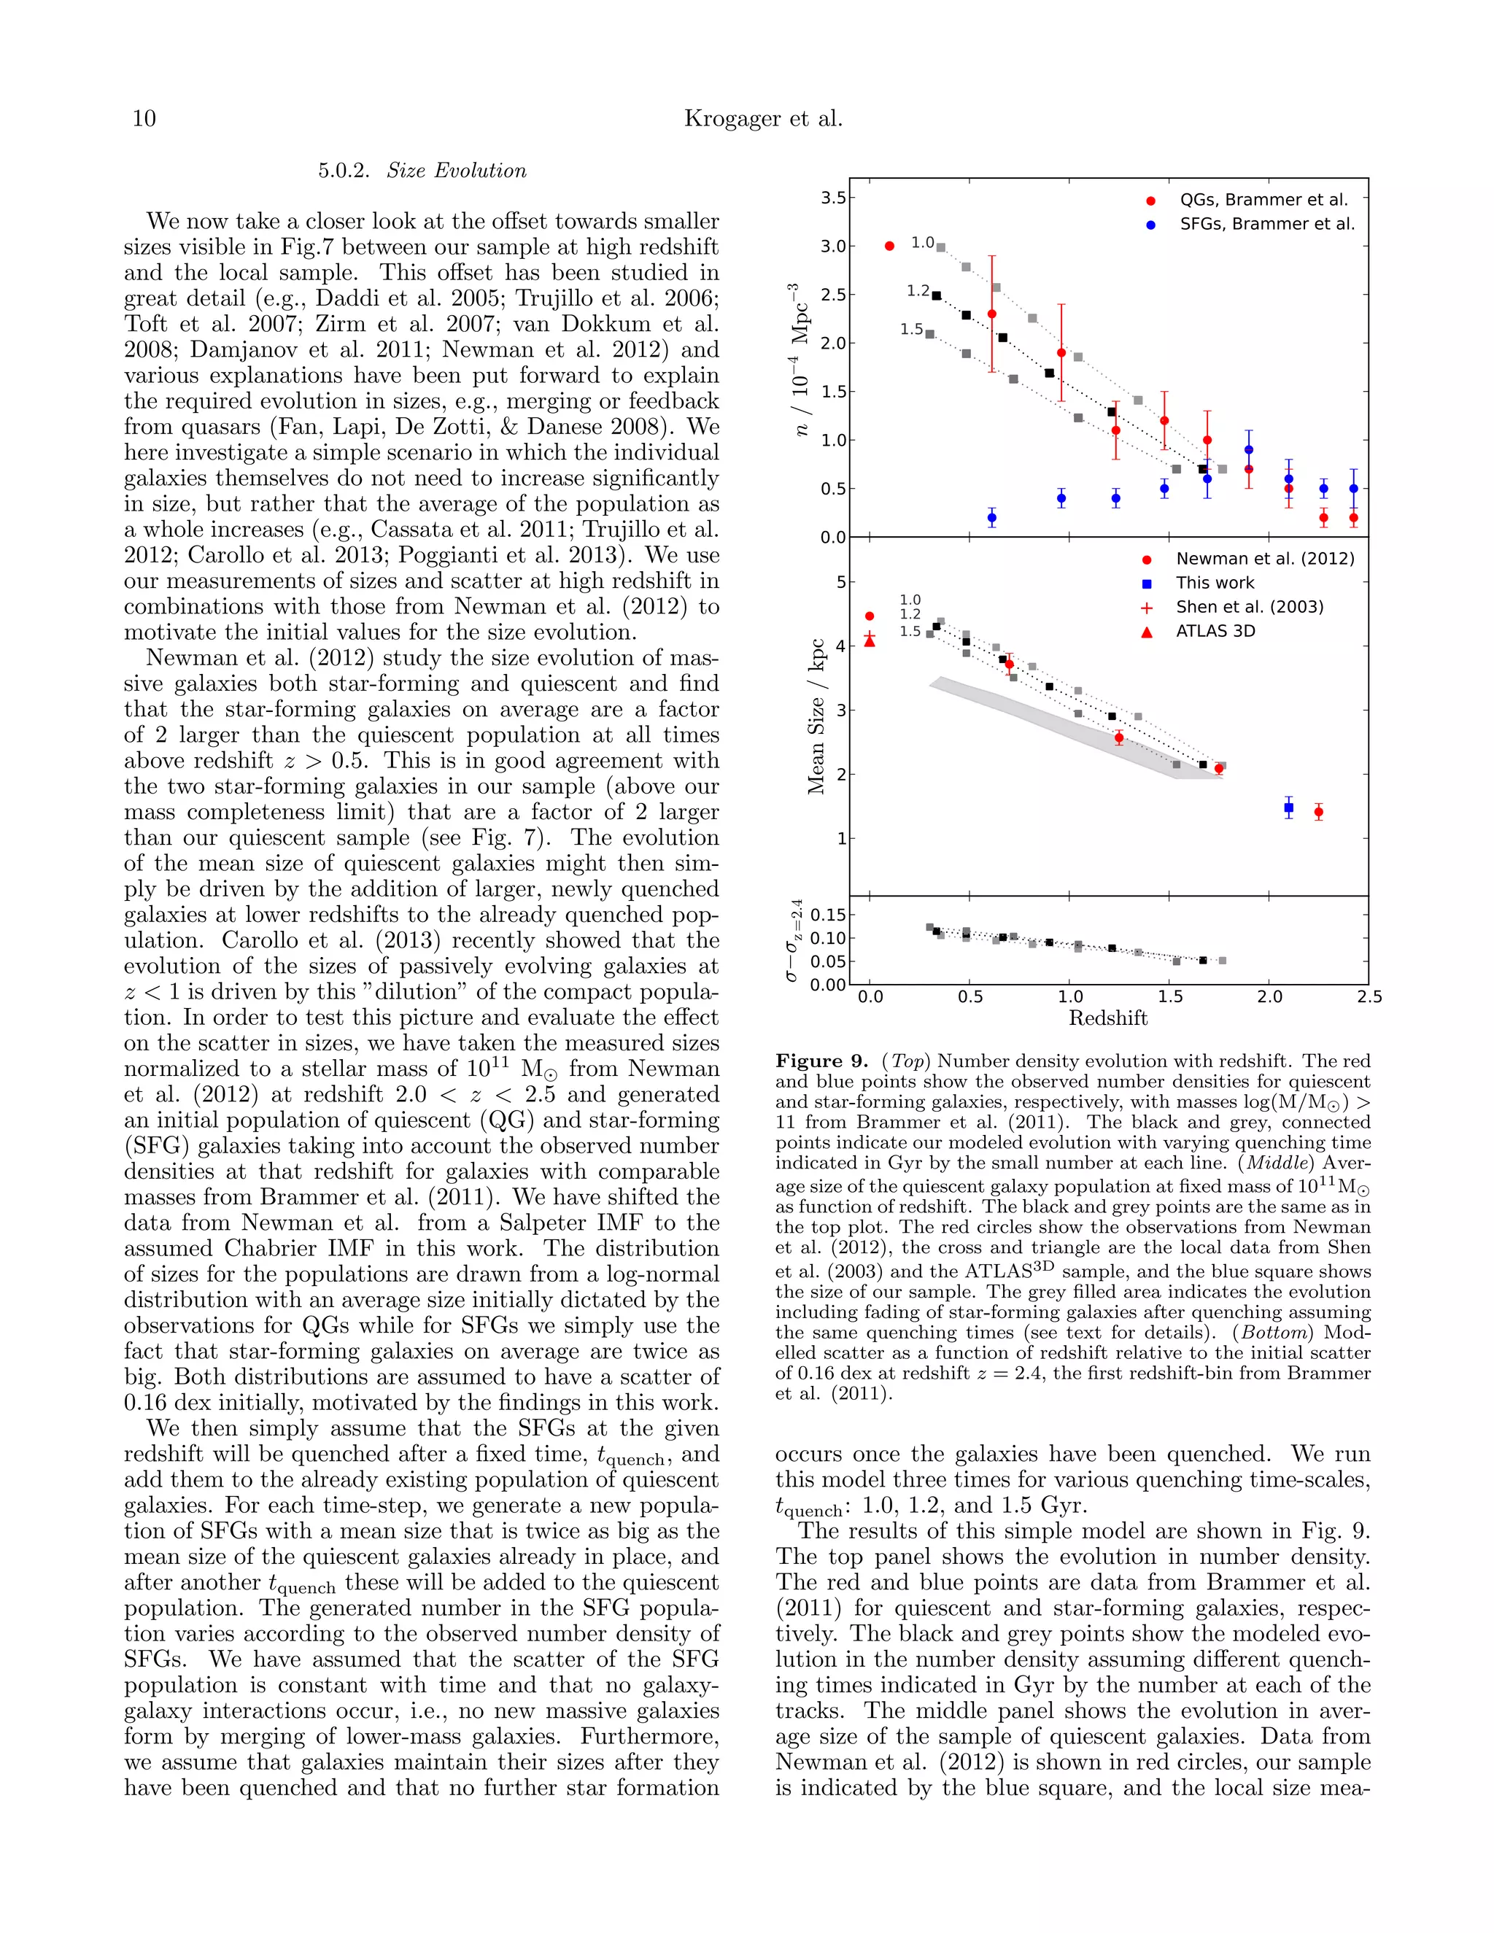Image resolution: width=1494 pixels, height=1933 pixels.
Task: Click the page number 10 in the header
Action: (144, 119)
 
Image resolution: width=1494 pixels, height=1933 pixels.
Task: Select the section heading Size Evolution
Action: (456, 171)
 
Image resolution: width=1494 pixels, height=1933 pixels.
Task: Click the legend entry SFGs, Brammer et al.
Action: (1266, 224)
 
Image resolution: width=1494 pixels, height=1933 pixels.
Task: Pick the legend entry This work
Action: (1215, 582)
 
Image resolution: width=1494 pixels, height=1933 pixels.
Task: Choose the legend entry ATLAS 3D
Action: (1215, 631)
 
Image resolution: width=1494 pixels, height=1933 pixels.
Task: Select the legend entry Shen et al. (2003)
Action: (1249, 606)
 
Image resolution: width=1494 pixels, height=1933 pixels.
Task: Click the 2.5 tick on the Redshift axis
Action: (1369, 997)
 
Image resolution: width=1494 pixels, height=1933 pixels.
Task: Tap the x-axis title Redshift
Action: (1107, 1019)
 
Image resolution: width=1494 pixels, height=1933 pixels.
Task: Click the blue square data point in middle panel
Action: (1289, 807)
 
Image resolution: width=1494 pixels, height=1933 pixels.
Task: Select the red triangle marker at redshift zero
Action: (869, 640)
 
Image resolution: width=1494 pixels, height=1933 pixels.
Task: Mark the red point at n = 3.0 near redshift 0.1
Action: (889, 246)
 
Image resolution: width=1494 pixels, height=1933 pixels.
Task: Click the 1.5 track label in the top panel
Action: (910, 329)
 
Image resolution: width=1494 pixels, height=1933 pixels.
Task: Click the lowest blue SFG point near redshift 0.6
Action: (991, 518)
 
